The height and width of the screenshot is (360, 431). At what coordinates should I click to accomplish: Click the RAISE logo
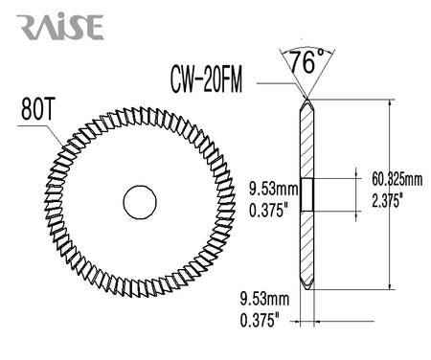60,27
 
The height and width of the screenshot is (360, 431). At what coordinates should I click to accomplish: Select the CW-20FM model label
206,79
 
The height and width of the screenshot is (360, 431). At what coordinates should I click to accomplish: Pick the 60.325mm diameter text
397,180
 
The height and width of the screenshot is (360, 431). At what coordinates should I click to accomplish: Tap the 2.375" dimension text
386,201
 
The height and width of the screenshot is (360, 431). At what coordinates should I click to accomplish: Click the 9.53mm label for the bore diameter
274,190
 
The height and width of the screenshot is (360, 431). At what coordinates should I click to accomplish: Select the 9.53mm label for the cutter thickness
264,300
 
